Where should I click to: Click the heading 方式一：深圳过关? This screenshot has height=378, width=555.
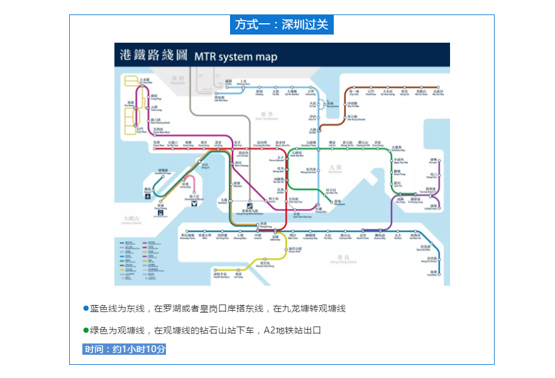point(282,24)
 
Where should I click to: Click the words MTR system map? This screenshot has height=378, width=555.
point(235,57)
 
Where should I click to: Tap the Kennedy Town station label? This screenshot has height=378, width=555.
point(188,237)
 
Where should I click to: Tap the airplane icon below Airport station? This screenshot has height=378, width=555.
point(147,197)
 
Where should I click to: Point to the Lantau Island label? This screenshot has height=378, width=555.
point(132,220)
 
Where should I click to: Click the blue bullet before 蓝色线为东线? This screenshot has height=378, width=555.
point(86,308)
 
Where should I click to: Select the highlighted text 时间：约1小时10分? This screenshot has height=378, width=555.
point(125,349)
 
